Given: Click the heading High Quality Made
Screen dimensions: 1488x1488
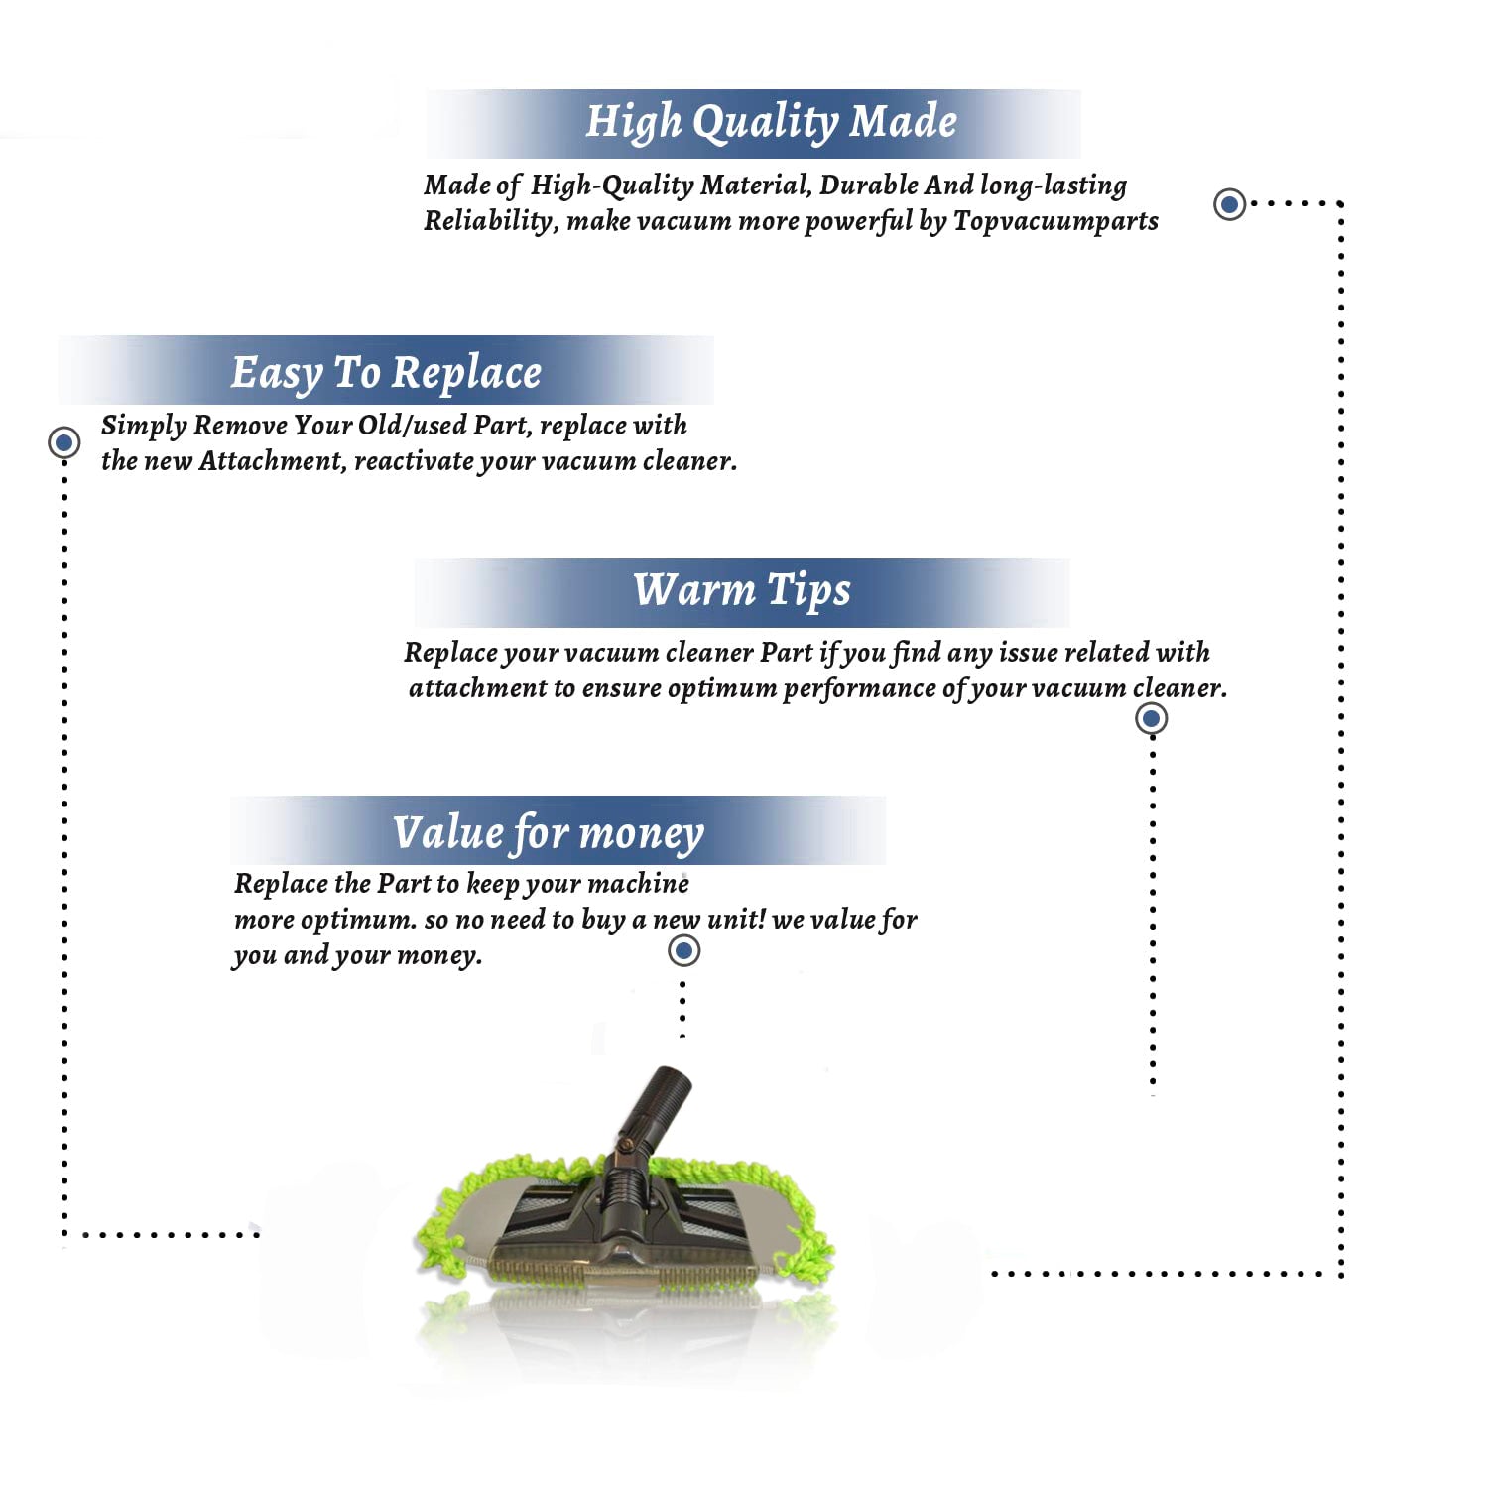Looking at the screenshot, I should pyautogui.click(x=771, y=122).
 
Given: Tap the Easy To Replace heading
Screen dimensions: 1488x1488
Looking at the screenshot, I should pyautogui.click(x=386, y=373).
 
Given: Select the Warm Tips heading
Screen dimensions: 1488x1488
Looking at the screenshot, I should pyautogui.click(x=742, y=590).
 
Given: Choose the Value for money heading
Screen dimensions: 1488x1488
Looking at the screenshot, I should pyautogui.click(x=548, y=832).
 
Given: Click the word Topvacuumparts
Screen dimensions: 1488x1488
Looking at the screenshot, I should pyautogui.click(x=1055, y=220).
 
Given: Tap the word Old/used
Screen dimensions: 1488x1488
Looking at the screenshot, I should pyautogui.click(x=411, y=426).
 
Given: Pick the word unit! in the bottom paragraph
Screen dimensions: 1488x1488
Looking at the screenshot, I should pyautogui.click(x=736, y=920).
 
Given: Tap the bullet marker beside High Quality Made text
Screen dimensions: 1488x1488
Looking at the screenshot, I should pyautogui.click(x=1230, y=204).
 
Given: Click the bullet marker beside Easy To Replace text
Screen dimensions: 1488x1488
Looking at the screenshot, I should pyautogui.click(x=64, y=441).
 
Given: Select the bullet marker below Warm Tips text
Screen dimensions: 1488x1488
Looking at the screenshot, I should pyautogui.click(x=1151, y=718).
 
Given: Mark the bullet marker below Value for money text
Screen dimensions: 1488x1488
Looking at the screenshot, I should pyautogui.click(x=683, y=951).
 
